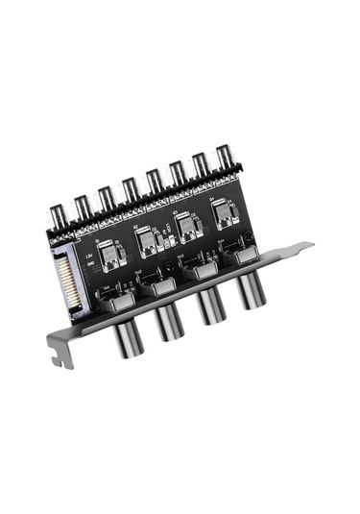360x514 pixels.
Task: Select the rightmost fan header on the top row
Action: (x=223, y=159)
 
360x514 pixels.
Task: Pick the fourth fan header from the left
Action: (x=130, y=188)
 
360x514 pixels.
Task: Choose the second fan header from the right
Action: (x=200, y=167)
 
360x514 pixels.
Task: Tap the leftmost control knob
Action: (x=127, y=337)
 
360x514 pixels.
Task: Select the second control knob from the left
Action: (x=168, y=322)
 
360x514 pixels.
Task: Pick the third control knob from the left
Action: (x=210, y=306)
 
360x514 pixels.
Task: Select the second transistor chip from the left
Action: (x=149, y=240)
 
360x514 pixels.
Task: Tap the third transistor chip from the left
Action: (x=185, y=227)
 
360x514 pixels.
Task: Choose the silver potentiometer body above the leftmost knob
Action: (x=120, y=306)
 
